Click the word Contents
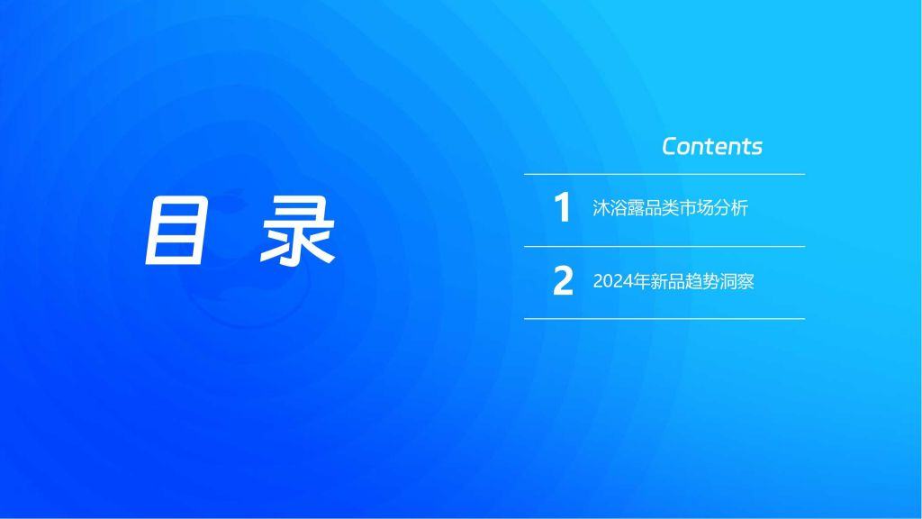click(x=712, y=147)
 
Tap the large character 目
click(x=176, y=231)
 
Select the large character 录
click(x=298, y=231)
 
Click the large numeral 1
click(x=563, y=207)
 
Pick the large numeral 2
click(x=563, y=281)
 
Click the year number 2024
click(x=612, y=281)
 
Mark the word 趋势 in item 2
click(x=701, y=281)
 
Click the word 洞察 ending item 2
click(x=737, y=281)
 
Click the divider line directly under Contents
click(x=664, y=174)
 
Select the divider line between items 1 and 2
click(x=664, y=247)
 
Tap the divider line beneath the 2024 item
click(x=664, y=319)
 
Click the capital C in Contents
click(x=671, y=147)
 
